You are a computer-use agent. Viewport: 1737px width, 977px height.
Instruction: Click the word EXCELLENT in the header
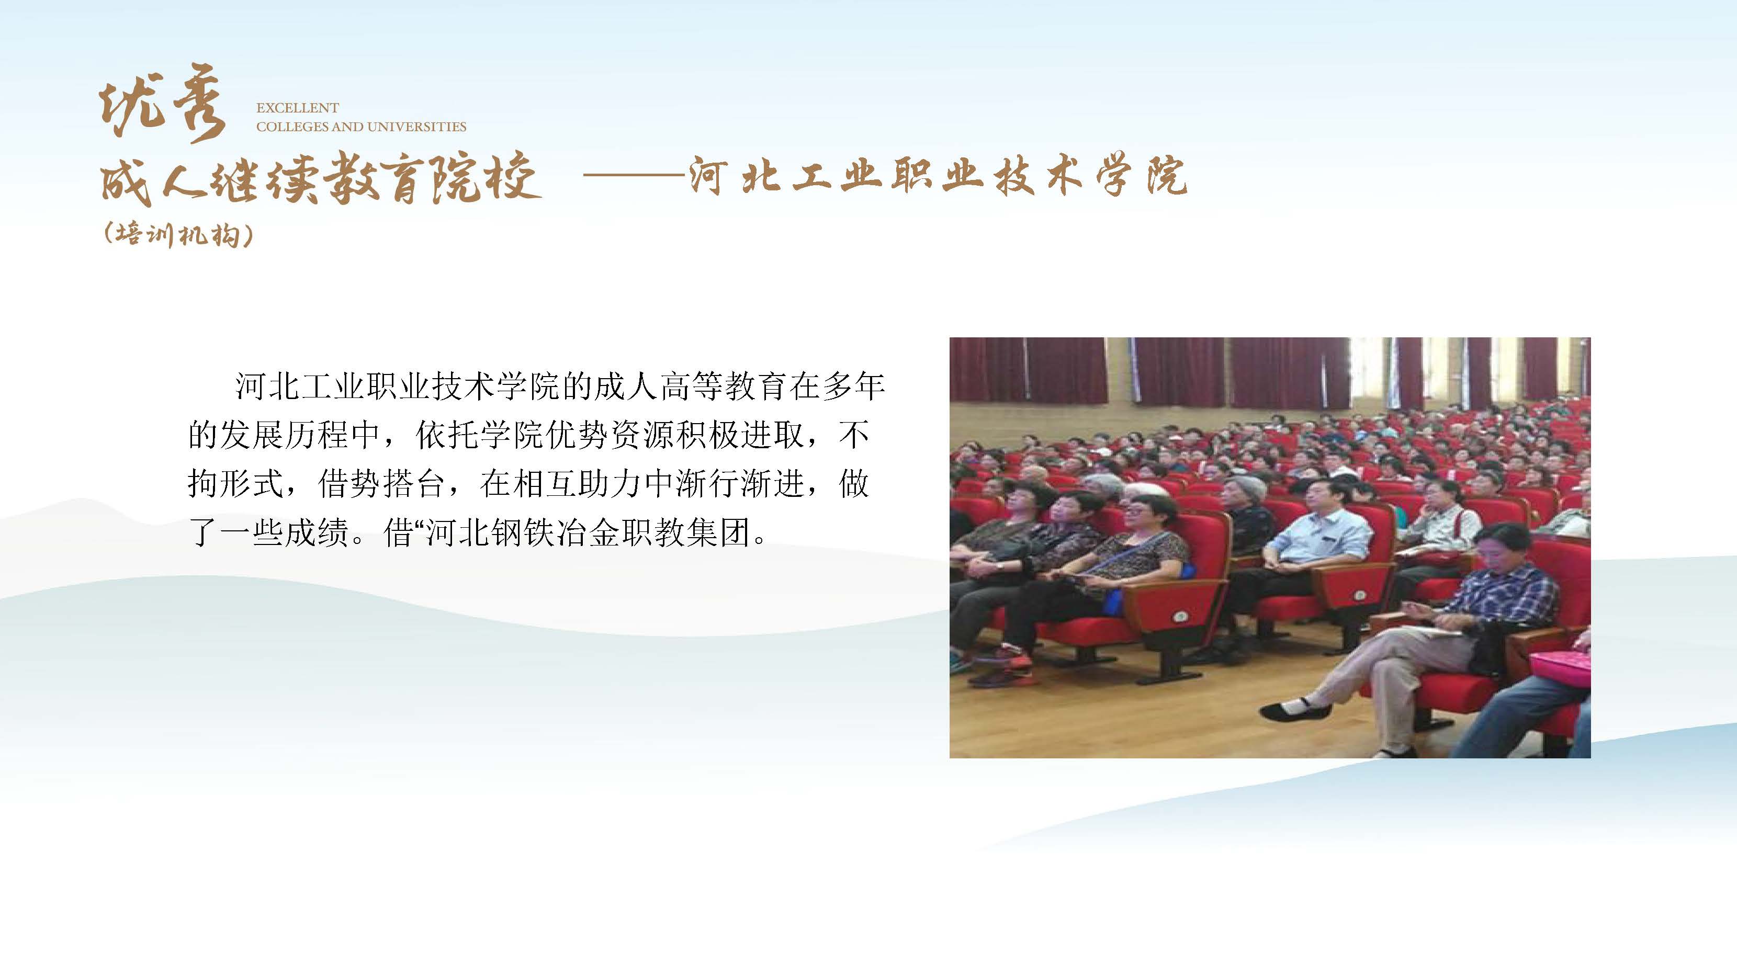297,108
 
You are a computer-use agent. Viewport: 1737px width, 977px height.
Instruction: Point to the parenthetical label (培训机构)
179,235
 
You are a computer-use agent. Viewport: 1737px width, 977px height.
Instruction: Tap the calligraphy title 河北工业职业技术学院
937,177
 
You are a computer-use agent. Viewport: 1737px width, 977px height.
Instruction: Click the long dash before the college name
634,176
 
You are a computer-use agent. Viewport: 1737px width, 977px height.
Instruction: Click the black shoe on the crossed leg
1295,709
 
